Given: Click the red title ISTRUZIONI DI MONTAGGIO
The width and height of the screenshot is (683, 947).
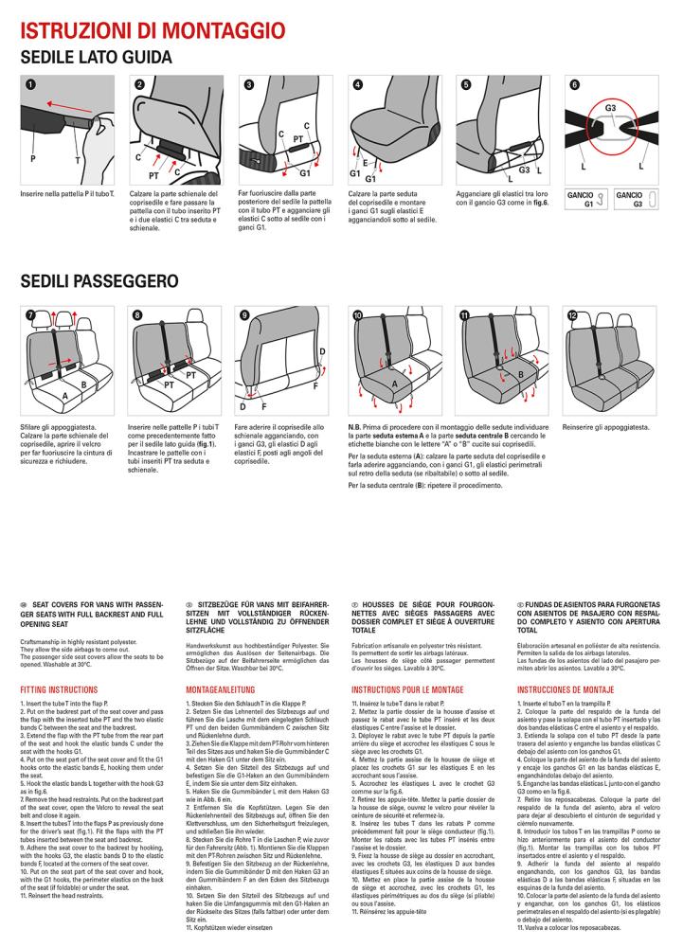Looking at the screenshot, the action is [153, 30].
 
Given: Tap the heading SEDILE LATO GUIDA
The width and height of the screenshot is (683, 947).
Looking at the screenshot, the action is [96, 58].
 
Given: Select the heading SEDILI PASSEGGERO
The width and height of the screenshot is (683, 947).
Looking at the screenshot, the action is [99, 281].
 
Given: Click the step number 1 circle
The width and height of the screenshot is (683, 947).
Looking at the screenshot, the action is [30, 84].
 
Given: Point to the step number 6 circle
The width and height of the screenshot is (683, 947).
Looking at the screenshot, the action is [574, 84].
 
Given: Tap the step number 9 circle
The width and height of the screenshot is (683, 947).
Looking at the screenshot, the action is [244, 315].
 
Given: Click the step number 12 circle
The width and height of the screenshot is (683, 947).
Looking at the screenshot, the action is [572, 315].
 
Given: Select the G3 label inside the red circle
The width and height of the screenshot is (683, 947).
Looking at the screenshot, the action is [611, 108].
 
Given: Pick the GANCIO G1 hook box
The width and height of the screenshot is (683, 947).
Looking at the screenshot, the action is [585, 200].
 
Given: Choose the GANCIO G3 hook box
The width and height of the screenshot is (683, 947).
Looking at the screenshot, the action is [636, 200].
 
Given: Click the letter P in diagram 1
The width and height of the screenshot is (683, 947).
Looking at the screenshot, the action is [32, 159].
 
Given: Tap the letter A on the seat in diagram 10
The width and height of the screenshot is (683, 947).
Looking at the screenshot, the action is [395, 384].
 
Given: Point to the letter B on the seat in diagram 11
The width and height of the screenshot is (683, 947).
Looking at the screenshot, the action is [520, 374].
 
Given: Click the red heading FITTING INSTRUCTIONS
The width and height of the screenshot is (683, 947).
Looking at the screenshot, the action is [59, 689].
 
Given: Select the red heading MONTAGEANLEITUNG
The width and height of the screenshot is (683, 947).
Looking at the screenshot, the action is [221, 689].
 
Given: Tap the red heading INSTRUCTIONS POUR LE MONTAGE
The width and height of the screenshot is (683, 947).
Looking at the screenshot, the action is [407, 689].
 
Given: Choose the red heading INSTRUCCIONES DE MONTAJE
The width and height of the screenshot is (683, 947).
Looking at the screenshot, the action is [566, 689].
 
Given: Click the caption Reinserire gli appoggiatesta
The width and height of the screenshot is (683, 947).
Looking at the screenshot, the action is [605, 428].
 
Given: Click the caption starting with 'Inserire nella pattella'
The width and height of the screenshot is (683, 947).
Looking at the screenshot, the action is [67, 194].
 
